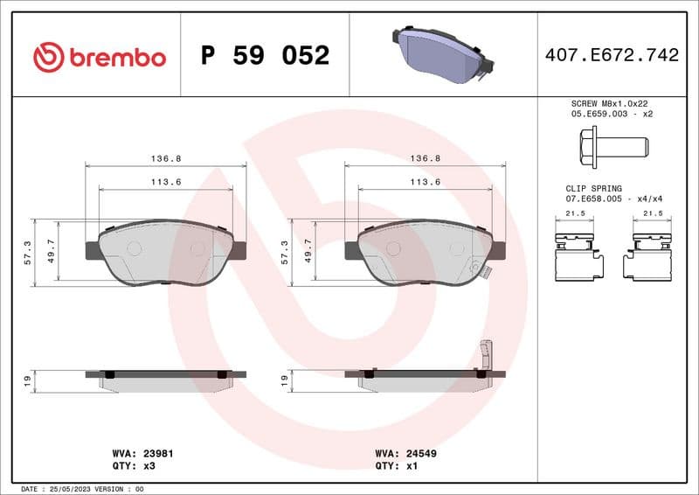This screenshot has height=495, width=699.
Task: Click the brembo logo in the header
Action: pos(99,57)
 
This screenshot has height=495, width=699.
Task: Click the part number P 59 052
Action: pos(265,56)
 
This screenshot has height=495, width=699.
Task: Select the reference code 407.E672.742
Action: pos(611,55)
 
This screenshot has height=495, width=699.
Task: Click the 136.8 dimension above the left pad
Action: pos(166,158)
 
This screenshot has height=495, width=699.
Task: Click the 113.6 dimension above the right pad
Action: pos(426,182)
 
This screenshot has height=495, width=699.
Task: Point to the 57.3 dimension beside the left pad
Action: pos(28,252)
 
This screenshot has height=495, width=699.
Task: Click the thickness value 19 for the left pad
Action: pos(28,380)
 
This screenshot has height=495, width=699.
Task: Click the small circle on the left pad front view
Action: pos(135,248)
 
